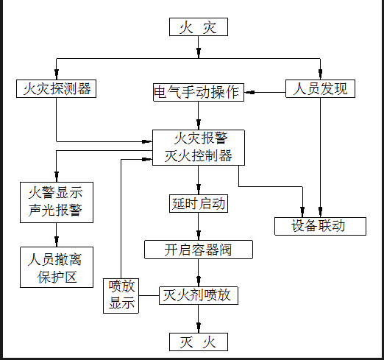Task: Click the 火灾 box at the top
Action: (x=198, y=28)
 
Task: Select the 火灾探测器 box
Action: (x=57, y=89)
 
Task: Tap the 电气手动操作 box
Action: (x=196, y=93)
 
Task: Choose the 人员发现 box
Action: (x=320, y=89)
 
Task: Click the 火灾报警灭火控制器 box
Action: (x=197, y=147)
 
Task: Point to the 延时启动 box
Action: (x=197, y=203)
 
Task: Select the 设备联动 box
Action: (x=320, y=225)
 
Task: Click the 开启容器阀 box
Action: (x=198, y=250)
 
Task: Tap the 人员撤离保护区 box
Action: (x=56, y=268)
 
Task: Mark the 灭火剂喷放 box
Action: (x=197, y=295)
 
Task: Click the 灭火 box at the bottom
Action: (x=198, y=342)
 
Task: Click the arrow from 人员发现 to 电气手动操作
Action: (x=265, y=93)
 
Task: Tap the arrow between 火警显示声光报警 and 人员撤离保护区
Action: (x=56, y=235)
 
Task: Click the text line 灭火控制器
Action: (x=197, y=156)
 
